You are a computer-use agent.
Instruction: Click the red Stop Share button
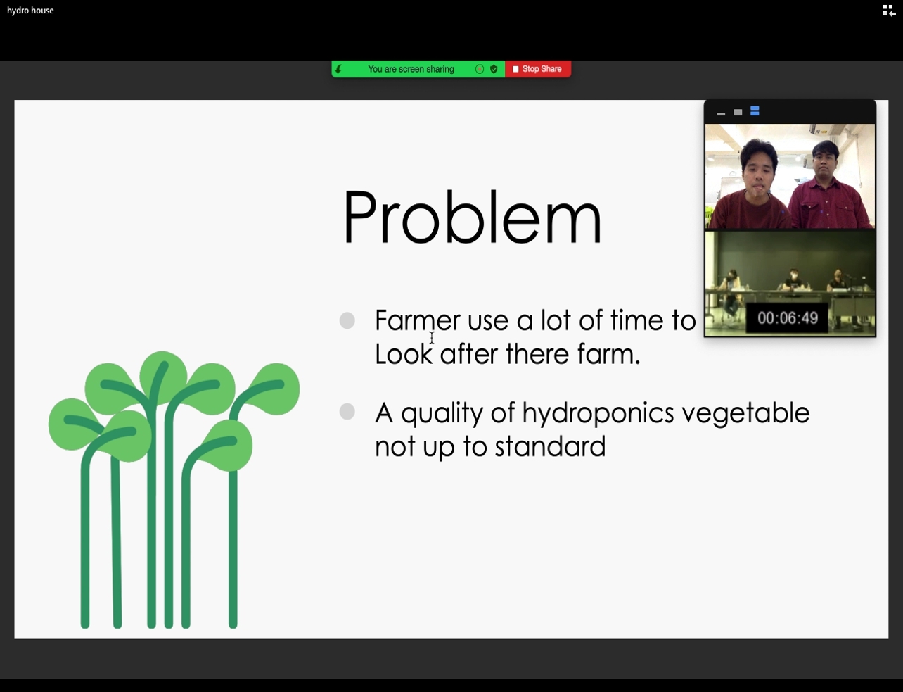pyautogui.click(x=538, y=69)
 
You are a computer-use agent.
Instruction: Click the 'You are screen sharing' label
pyautogui.click(x=411, y=69)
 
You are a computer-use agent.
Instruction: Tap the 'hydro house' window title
pyautogui.click(x=30, y=11)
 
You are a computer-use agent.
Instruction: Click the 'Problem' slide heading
pyautogui.click(x=472, y=217)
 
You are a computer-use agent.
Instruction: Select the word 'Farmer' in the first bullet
pyautogui.click(x=418, y=320)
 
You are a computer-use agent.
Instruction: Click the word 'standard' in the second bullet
pyautogui.click(x=550, y=446)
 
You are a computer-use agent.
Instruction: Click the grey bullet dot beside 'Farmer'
pyautogui.click(x=347, y=320)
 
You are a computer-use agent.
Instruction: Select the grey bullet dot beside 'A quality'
pyautogui.click(x=347, y=412)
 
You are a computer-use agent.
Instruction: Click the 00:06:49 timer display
pyautogui.click(x=788, y=318)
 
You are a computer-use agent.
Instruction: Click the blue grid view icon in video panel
pyautogui.click(x=755, y=111)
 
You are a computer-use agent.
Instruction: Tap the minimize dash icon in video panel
pyautogui.click(x=721, y=114)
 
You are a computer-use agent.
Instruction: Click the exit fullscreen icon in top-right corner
pyautogui.click(x=889, y=11)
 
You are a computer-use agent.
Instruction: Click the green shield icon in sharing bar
pyautogui.click(x=494, y=69)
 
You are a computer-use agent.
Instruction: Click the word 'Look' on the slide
pyautogui.click(x=404, y=354)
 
